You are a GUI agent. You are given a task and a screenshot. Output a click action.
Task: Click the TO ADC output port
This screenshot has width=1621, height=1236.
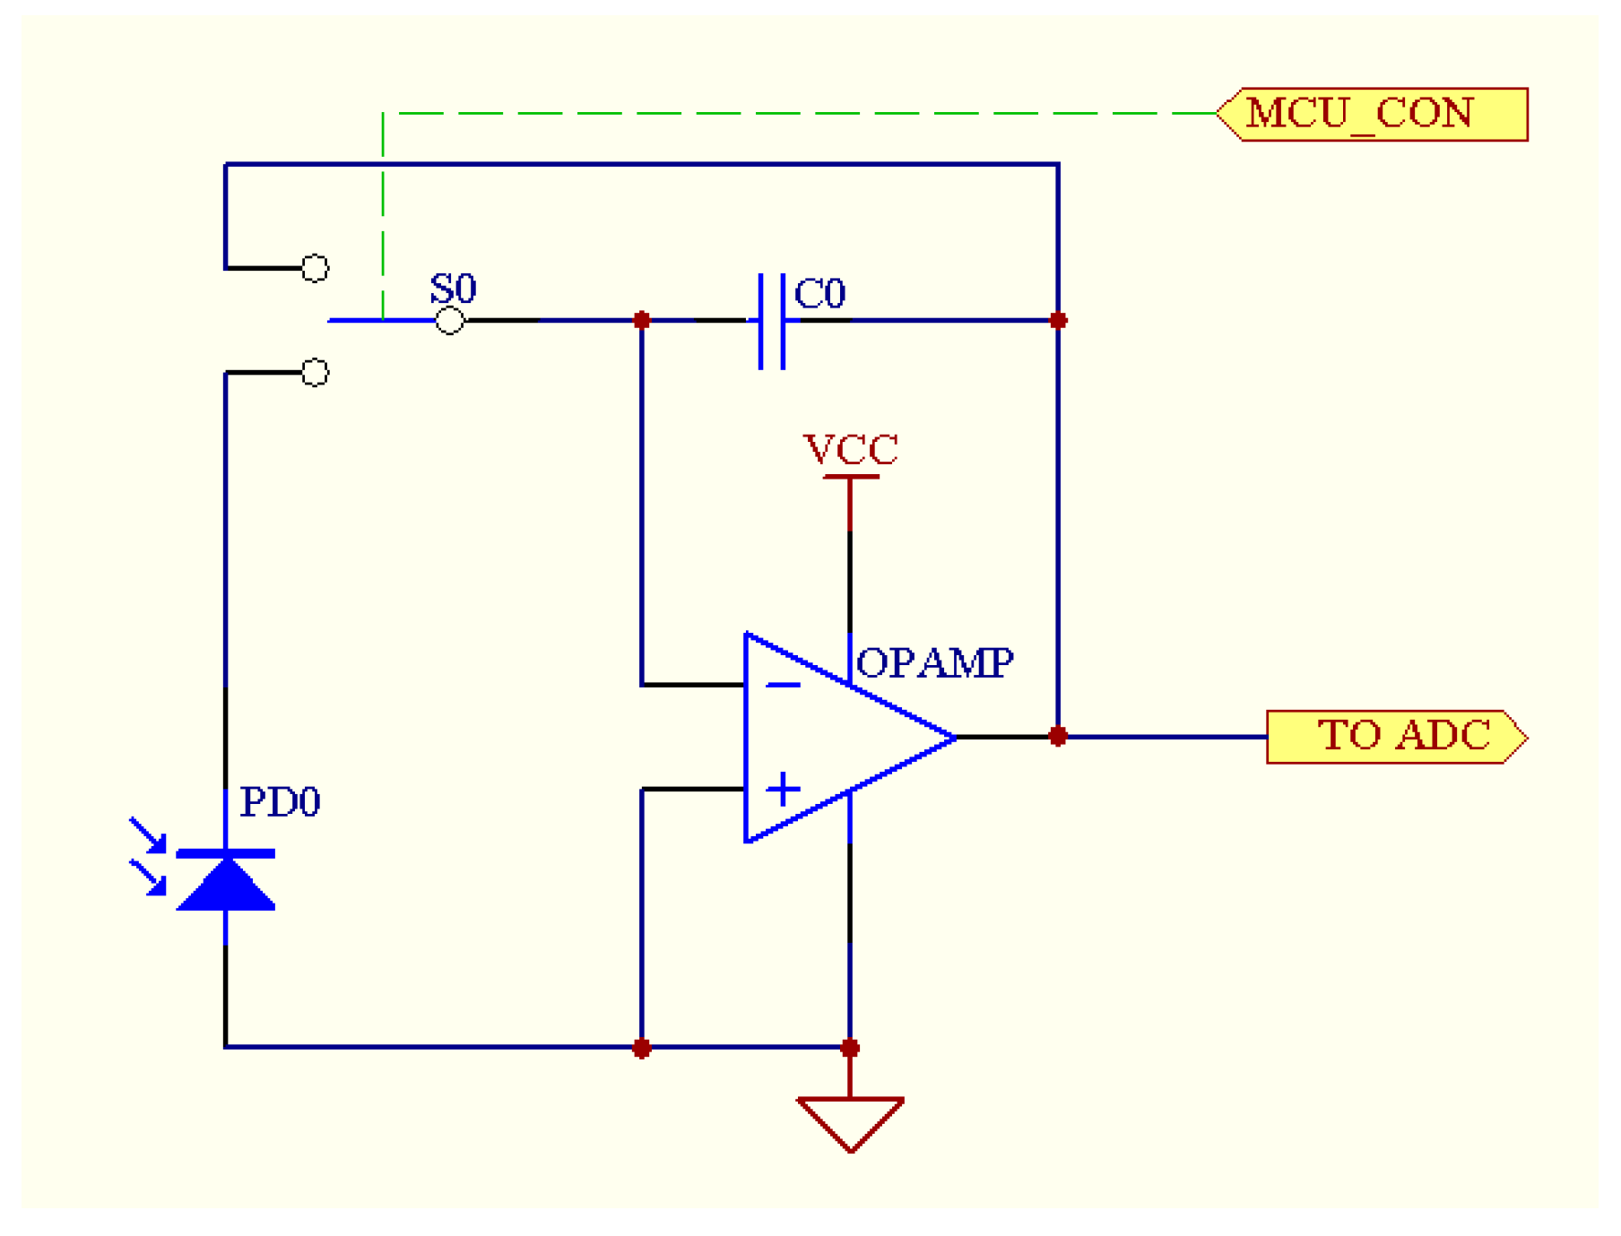click(1397, 737)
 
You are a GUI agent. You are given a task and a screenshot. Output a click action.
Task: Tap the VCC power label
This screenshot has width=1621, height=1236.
click(850, 449)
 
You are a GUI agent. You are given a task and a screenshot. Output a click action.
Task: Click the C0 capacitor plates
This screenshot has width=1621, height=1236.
click(772, 320)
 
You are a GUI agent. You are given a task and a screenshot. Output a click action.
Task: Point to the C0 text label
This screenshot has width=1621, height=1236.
click(820, 293)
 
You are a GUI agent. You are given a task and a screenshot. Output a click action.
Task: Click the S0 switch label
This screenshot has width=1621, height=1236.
click(453, 289)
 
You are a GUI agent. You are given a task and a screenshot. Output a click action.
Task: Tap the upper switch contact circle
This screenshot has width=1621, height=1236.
click(315, 267)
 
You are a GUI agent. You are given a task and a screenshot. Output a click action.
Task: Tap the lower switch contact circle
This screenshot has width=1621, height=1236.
click(315, 372)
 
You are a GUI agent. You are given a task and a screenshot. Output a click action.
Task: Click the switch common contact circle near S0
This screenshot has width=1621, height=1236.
click(449, 320)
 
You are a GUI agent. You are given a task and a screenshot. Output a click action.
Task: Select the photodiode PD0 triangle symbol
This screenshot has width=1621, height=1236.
click(225, 882)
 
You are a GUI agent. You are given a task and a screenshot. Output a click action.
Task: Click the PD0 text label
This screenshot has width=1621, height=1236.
click(280, 801)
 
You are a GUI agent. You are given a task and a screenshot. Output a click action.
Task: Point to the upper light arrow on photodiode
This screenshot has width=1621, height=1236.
click(148, 834)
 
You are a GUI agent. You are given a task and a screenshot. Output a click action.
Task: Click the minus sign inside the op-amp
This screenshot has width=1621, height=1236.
click(783, 686)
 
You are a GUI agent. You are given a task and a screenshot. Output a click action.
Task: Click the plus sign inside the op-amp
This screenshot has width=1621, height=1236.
click(783, 790)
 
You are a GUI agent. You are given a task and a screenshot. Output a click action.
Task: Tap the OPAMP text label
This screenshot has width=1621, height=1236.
click(935, 663)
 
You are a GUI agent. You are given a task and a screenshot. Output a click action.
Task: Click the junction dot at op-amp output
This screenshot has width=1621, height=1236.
click(1058, 737)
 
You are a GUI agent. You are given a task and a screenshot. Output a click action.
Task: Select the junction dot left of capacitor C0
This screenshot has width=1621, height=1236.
click(642, 320)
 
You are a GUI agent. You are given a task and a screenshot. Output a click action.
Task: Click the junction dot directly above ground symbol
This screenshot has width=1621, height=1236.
click(850, 1048)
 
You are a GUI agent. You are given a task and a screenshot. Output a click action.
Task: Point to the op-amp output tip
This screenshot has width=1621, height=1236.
click(954, 737)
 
